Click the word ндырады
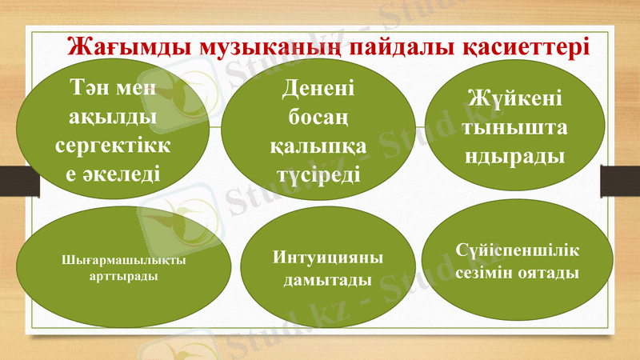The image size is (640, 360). pos(515,154)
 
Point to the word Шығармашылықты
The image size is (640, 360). pos(119,261)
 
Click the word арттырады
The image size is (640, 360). pos(119,276)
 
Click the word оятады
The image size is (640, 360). pos(555,272)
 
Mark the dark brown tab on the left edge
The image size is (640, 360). pos(13,180)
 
